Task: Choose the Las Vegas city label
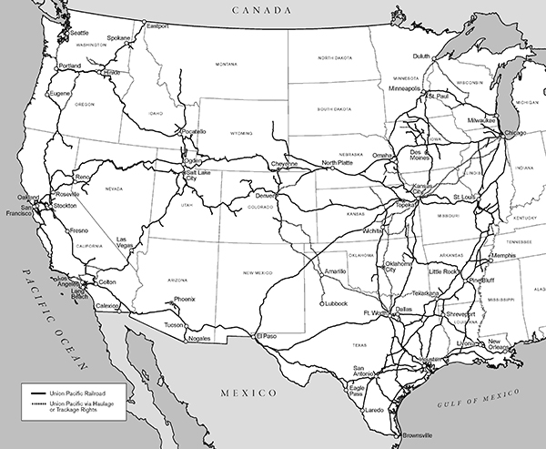tap(126, 242)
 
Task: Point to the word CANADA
tap(258, 10)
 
